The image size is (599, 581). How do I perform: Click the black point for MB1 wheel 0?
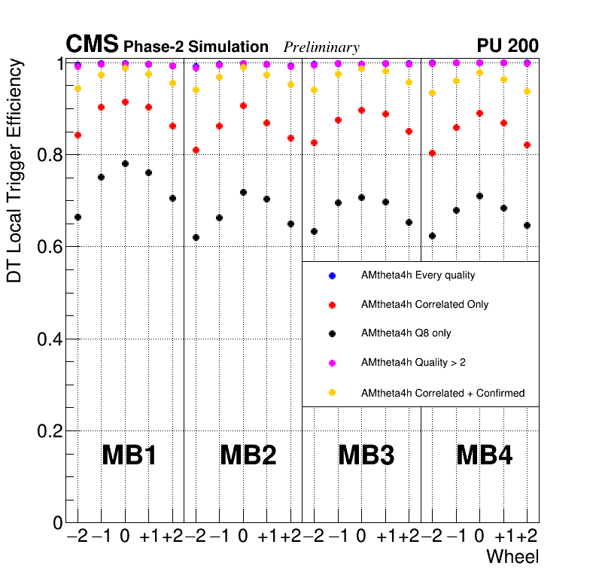(x=125, y=163)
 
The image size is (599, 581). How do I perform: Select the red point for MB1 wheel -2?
(x=78, y=135)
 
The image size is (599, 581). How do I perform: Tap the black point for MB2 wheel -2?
(x=196, y=238)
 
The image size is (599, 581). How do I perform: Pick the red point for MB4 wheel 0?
(x=479, y=114)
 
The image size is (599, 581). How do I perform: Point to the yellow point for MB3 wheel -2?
(x=314, y=90)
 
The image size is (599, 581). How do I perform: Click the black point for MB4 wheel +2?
(x=527, y=226)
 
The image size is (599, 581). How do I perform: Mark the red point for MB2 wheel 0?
(x=243, y=106)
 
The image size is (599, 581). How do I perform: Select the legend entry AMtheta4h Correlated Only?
(x=424, y=304)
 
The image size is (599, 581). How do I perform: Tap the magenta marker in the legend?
(x=332, y=363)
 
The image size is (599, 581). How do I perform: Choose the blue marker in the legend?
(x=332, y=275)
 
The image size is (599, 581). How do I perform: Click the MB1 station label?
(x=129, y=455)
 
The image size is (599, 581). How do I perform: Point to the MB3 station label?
(x=366, y=455)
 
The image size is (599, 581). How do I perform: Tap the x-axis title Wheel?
(x=512, y=558)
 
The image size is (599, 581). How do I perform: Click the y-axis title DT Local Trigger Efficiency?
(x=14, y=171)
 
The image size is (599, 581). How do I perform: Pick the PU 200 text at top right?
(x=507, y=46)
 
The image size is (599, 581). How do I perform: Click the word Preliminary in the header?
(x=321, y=47)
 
